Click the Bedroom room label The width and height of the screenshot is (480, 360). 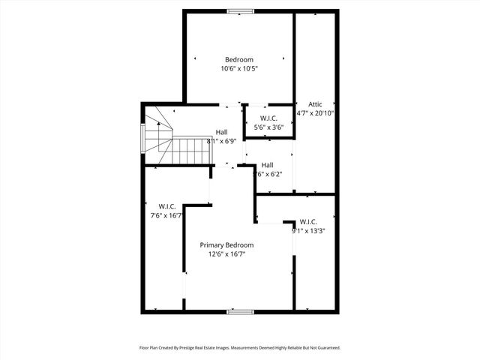tap(239, 60)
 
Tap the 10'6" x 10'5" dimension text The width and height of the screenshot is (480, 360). tap(239, 69)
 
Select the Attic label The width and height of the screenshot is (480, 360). tap(315, 104)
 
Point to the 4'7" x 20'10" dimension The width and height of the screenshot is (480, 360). tap(315, 113)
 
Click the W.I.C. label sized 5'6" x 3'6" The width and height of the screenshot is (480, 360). tap(268, 118)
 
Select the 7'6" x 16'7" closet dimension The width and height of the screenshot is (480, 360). tap(166, 215)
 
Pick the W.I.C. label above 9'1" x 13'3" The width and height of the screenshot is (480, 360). tap(308, 222)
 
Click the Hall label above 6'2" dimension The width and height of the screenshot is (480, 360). tap(267, 165)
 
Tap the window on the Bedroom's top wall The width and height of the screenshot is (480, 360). tap(240, 10)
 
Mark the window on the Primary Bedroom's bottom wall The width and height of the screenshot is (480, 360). tap(240, 310)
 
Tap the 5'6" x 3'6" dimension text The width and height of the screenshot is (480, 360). tap(268, 127)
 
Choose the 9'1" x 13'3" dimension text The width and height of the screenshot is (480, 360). tap(308, 231)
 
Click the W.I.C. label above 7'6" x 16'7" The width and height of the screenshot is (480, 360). tap(166, 206)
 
